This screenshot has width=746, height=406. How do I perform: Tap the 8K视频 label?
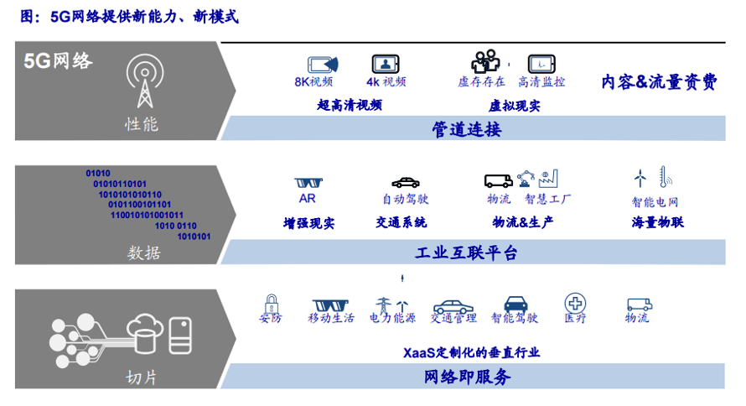[313, 81]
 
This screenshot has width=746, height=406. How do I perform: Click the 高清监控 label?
[541, 81]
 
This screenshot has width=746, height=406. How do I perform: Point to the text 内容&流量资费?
[659, 81]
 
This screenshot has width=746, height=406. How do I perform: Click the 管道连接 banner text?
[466, 129]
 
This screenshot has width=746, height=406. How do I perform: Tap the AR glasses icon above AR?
[308, 181]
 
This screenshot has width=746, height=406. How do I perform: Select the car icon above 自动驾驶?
[405, 181]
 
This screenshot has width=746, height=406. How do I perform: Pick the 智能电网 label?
[655, 202]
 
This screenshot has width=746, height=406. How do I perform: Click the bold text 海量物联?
[657, 222]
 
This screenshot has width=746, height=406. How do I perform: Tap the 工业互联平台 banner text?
[466, 252]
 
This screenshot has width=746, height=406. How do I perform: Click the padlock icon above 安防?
[271, 302]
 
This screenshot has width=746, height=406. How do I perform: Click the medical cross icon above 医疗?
[575, 303]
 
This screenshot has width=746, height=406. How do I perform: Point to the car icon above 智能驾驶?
[514, 304]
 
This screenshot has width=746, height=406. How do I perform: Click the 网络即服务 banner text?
[466, 377]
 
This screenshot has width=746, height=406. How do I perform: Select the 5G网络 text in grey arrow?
[58, 61]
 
